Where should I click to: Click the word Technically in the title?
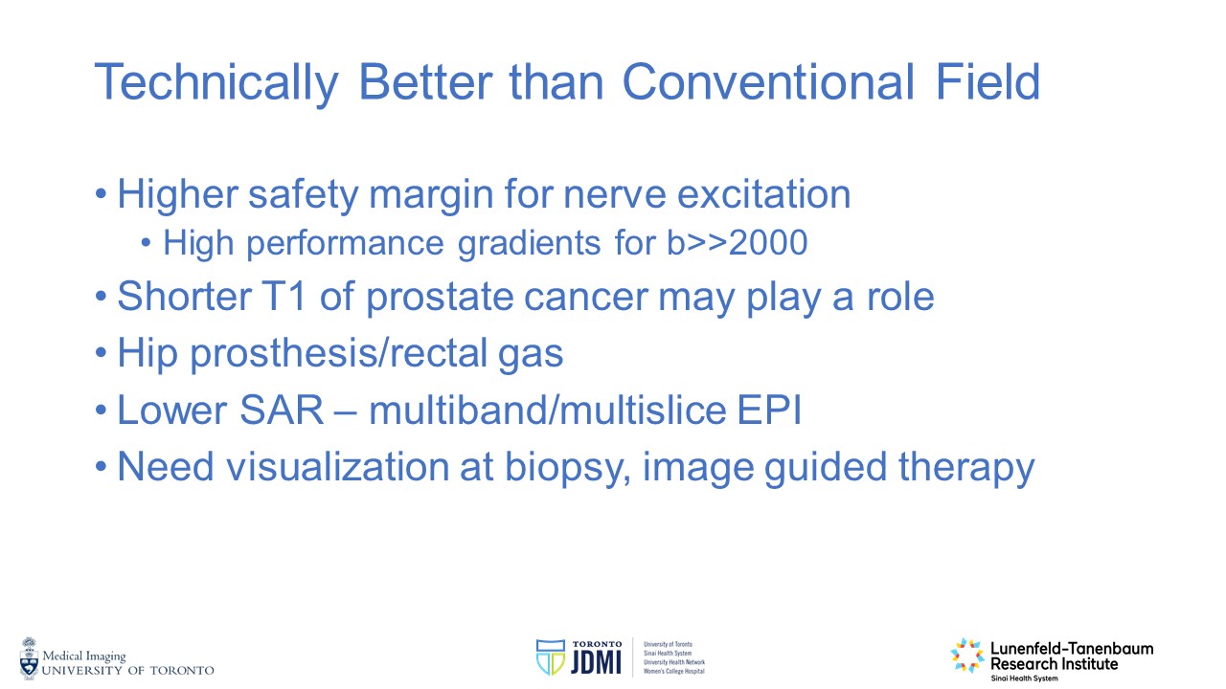pyautogui.click(x=216, y=82)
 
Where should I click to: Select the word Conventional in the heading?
pyautogui.click(x=768, y=81)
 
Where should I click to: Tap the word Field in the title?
pyautogui.click(x=988, y=81)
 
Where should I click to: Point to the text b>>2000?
pyautogui.click(x=737, y=242)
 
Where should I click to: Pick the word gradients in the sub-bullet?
pyautogui.click(x=529, y=244)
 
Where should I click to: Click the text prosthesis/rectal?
pyautogui.click(x=338, y=354)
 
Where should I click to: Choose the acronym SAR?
pyautogui.click(x=282, y=411)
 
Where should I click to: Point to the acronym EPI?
pyautogui.click(x=768, y=411)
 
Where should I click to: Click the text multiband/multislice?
pyautogui.click(x=547, y=411)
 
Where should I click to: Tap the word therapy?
pyautogui.click(x=966, y=469)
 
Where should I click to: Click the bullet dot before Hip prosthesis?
pyautogui.click(x=101, y=353)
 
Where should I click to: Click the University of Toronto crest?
pyautogui.click(x=29, y=658)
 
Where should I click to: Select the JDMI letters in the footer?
pyautogui.click(x=596, y=662)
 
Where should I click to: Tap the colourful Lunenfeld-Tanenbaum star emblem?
pyautogui.click(x=967, y=656)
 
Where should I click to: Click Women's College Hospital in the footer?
pyautogui.click(x=674, y=671)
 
